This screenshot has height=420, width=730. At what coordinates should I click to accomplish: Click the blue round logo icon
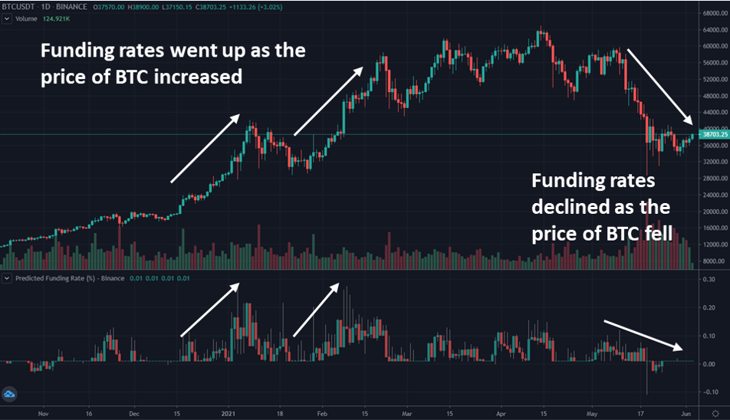click(x=11, y=395)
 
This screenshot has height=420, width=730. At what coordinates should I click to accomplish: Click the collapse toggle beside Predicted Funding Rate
click(x=6, y=278)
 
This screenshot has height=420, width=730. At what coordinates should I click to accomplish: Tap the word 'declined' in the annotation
click(x=567, y=207)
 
